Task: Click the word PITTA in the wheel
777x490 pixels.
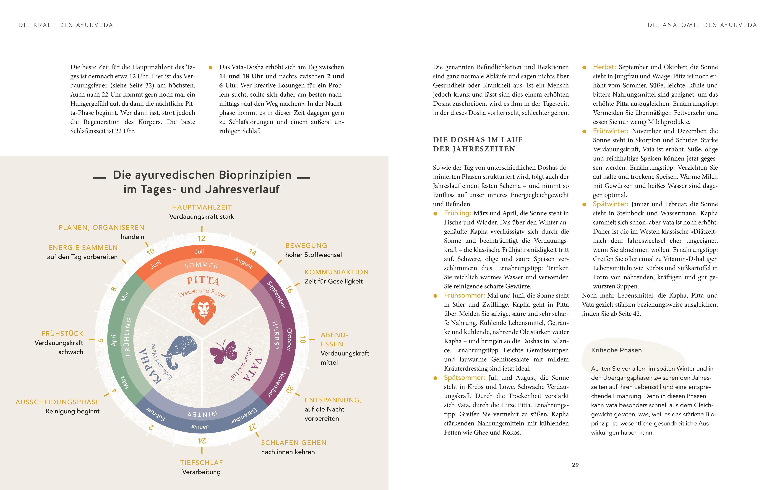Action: pos(203,281)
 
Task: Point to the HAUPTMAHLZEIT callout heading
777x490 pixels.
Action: pos(202,207)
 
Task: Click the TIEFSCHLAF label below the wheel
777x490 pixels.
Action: pos(202,463)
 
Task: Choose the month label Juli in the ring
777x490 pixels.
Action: pos(199,251)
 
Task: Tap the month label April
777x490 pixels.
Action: pos(114,340)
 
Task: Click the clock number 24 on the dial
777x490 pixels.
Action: pos(202,441)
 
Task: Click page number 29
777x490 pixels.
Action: pos(575,465)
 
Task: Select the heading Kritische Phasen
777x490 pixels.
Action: pos(616,350)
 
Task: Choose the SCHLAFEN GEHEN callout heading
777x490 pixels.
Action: pos(294,443)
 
